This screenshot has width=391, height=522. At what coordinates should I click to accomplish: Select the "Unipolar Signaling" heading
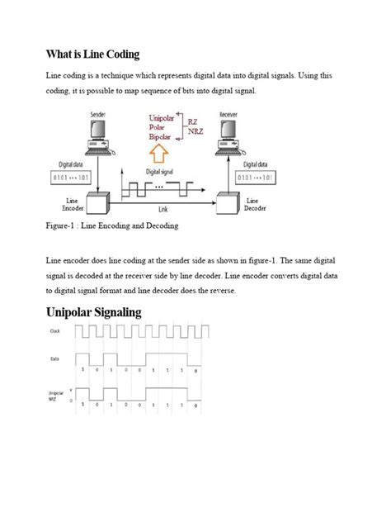tap(106, 312)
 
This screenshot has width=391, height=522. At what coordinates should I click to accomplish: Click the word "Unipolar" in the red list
tap(164, 118)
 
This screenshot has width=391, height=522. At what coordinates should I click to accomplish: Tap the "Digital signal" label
tap(163, 171)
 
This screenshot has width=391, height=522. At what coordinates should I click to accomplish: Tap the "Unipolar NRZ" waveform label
tap(55, 396)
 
